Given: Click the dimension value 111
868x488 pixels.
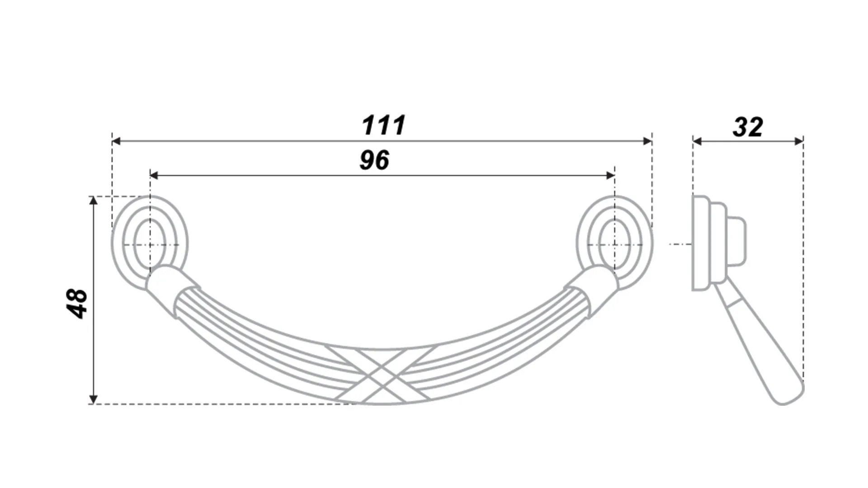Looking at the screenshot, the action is pyautogui.click(x=383, y=125).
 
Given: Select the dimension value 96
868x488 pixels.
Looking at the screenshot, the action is pyautogui.click(x=374, y=160).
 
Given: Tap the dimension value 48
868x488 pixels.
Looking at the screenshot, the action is pyautogui.click(x=77, y=303).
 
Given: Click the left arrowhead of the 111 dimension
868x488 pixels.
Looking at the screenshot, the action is pyautogui.click(x=116, y=141).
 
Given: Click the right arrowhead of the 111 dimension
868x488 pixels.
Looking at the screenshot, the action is pyautogui.click(x=647, y=141).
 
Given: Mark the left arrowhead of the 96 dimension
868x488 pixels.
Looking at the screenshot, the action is pyautogui.click(x=154, y=175).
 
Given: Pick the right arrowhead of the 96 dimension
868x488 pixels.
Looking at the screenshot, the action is pyautogui.click(x=611, y=175).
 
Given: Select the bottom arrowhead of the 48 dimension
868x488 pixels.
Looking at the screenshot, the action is pyautogui.click(x=93, y=399).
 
